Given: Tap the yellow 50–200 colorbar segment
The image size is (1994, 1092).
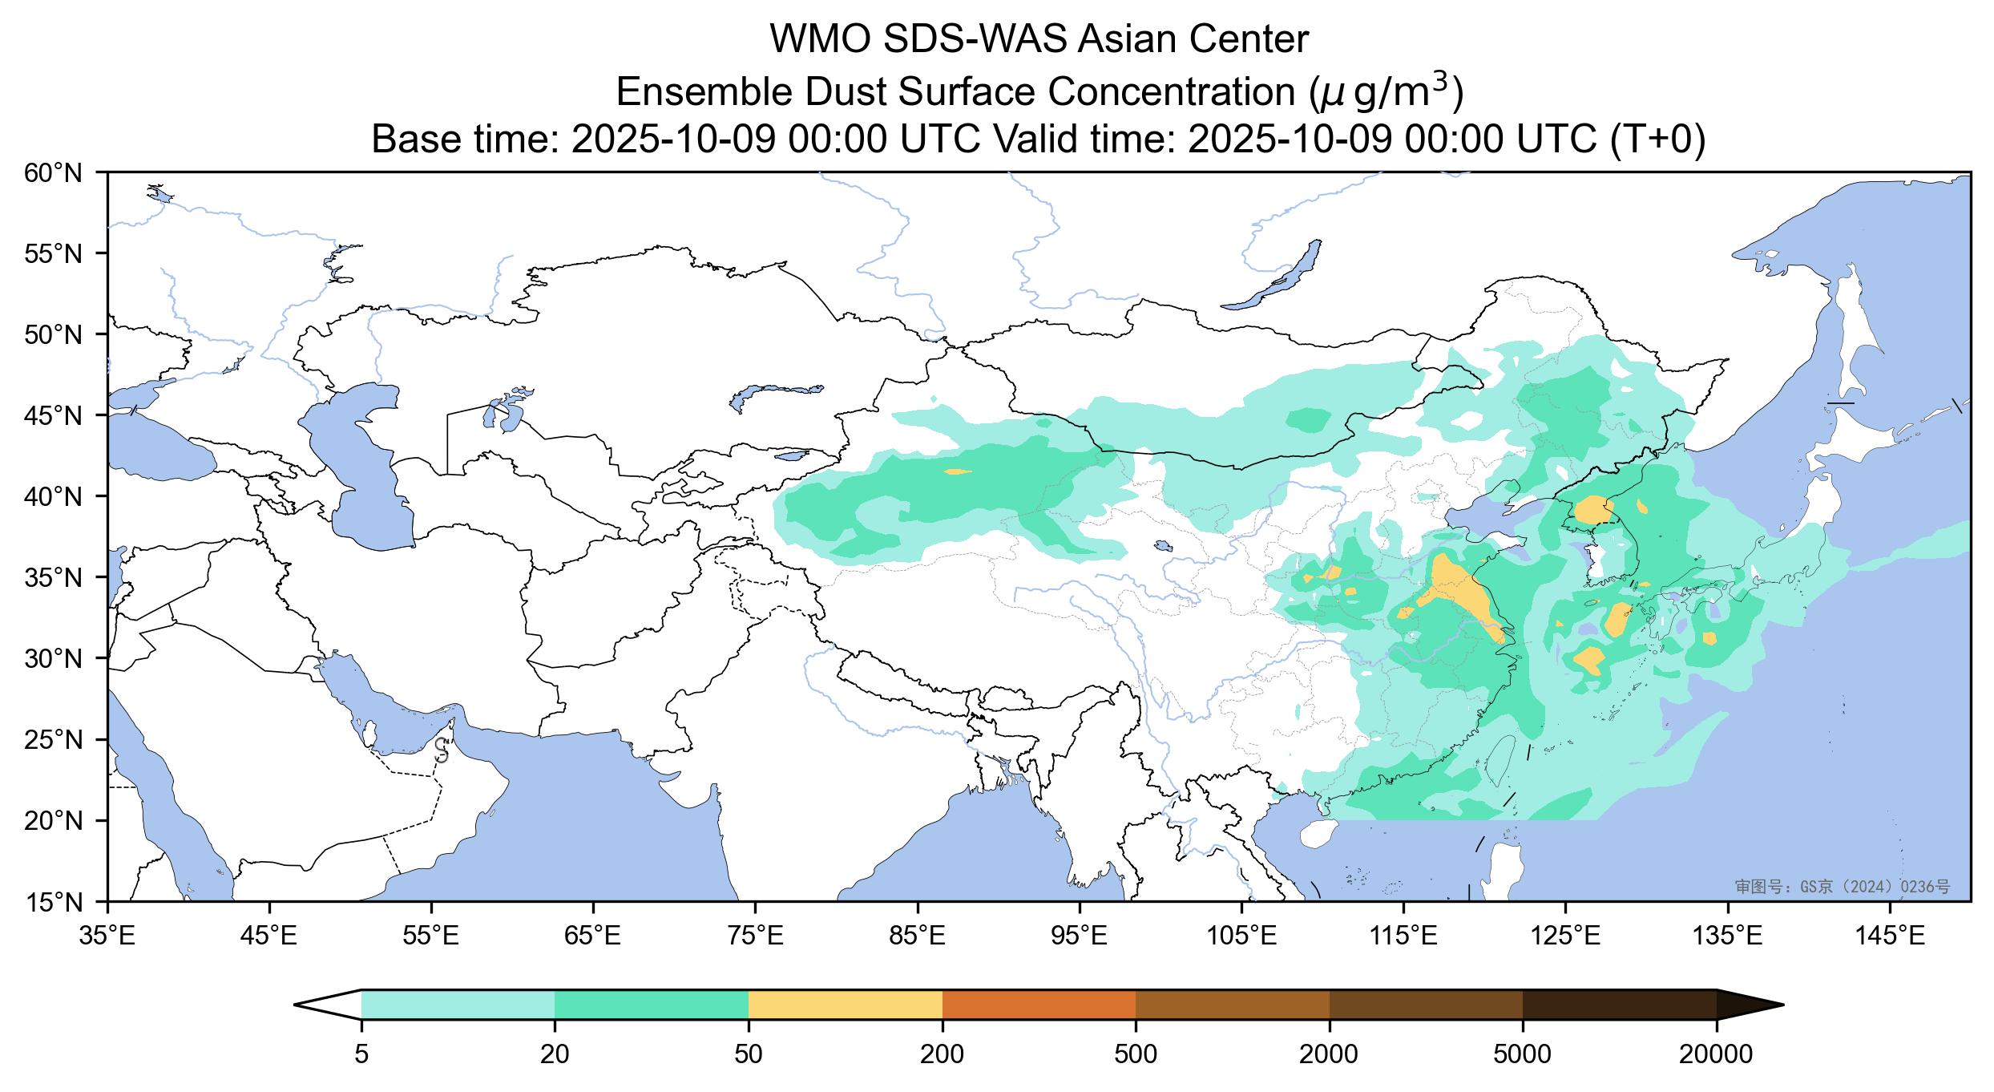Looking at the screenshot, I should [x=845, y=1004].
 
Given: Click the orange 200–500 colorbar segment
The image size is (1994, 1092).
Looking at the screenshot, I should [x=1039, y=1004].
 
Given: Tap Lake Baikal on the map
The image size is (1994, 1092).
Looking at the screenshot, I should [x=1274, y=277].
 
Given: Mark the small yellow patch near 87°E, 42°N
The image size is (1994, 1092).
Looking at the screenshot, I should [x=958, y=471].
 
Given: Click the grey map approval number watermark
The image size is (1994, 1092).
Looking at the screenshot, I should [x=1842, y=887].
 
